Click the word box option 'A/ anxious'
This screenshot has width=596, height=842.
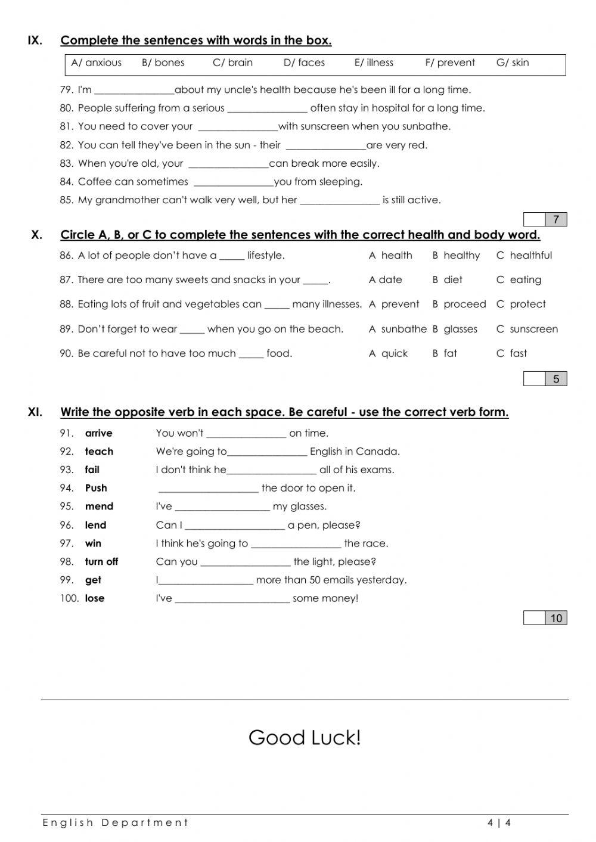tap(96, 63)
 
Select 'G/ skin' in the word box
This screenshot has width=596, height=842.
tap(512, 63)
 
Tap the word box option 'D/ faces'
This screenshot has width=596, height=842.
tap(304, 63)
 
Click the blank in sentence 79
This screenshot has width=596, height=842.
tap(134, 91)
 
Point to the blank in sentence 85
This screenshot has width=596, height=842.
tap(339, 201)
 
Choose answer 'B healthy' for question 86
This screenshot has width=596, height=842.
tap(456, 256)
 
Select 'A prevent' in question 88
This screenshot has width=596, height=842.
tap(394, 305)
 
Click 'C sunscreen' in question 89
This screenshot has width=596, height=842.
tap(527, 329)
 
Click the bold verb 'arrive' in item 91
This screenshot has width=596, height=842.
tap(98, 433)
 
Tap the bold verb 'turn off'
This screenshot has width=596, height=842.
tap(101, 561)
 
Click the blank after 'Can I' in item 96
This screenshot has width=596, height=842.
tap(235, 526)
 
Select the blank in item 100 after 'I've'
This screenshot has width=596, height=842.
tap(232, 599)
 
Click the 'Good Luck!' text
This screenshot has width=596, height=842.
tap(305, 738)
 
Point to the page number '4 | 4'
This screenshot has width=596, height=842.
tap(499, 823)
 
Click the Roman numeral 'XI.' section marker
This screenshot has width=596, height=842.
tap(35, 412)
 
